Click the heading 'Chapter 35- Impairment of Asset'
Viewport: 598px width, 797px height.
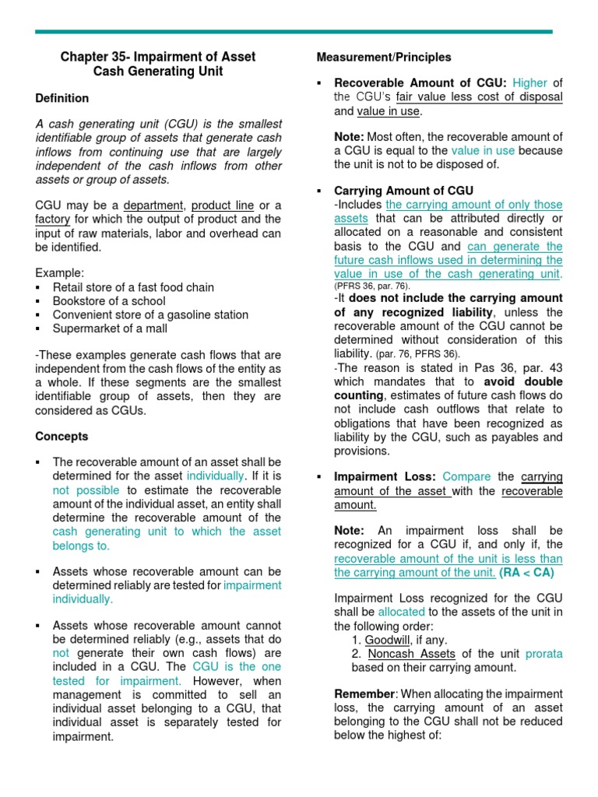point(158,57)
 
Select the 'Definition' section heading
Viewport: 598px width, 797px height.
point(62,98)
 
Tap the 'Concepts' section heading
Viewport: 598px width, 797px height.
point(62,437)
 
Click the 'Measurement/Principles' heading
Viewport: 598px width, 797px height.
point(384,57)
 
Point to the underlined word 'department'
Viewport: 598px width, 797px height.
point(153,205)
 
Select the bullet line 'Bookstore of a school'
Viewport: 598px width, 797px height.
point(109,301)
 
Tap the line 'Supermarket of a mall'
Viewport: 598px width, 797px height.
point(111,329)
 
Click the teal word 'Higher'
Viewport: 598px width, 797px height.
point(529,83)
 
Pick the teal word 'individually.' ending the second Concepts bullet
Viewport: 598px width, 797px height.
point(83,599)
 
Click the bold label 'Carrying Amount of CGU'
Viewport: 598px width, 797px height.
point(403,191)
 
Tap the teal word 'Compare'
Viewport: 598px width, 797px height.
point(466,476)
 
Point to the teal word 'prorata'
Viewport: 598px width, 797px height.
point(543,654)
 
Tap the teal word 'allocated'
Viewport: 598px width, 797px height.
point(403,613)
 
